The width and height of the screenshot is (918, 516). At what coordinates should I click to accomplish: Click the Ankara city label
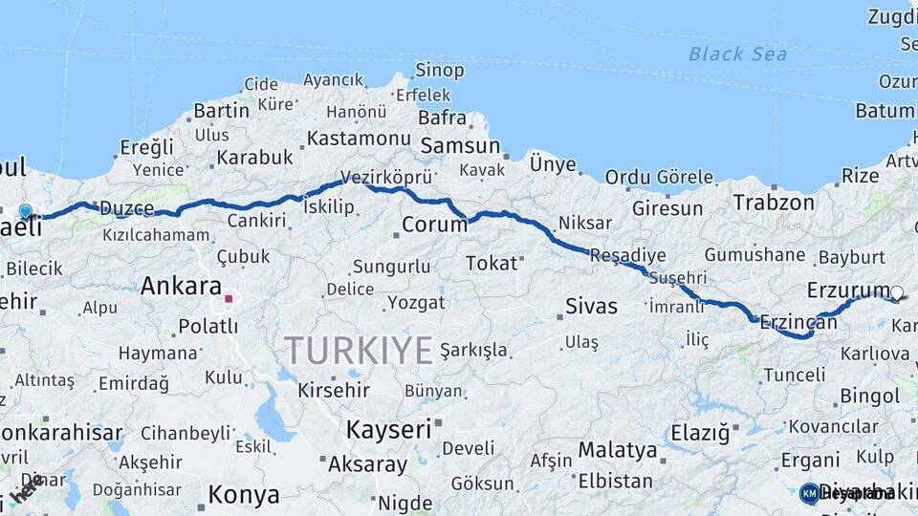[x=181, y=286]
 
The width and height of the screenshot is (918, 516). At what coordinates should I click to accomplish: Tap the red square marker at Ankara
[x=229, y=298]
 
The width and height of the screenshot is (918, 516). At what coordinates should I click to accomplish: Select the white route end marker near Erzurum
[x=897, y=293]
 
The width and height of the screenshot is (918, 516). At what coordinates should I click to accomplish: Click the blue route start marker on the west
[x=25, y=211]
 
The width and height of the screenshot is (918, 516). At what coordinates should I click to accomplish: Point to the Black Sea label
[x=737, y=54]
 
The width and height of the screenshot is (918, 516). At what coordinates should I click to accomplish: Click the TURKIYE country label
[x=359, y=351]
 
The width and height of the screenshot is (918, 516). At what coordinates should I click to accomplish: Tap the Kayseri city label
[x=389, y=429]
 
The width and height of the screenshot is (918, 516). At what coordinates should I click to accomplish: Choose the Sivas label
[x=591, y=307]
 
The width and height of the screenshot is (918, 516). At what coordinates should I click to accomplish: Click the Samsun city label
[x=460, y=146]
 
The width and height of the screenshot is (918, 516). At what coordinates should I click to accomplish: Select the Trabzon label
[x=774, y=203]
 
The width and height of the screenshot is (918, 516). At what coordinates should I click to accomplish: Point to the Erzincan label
[x=798, y=323]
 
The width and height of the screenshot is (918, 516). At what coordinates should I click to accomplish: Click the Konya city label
[x=244, y=495]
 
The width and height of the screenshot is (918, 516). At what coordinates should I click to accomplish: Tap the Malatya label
[x=618, y=450]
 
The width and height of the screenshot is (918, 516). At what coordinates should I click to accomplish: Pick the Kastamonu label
[x=359, y=140]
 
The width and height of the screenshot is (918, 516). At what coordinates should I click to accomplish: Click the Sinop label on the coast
[x=439, y=70]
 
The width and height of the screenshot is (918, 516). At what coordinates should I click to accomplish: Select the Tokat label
[x=492, y=263]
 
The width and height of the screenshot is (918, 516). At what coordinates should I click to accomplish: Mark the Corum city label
[x=433, y=226]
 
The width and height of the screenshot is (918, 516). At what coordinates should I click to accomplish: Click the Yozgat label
[x=416, y=303]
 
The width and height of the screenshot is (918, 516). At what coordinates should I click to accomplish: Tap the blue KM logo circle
[x=809, y=493]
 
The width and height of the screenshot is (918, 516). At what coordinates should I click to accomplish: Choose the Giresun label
[x=667, y=207]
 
